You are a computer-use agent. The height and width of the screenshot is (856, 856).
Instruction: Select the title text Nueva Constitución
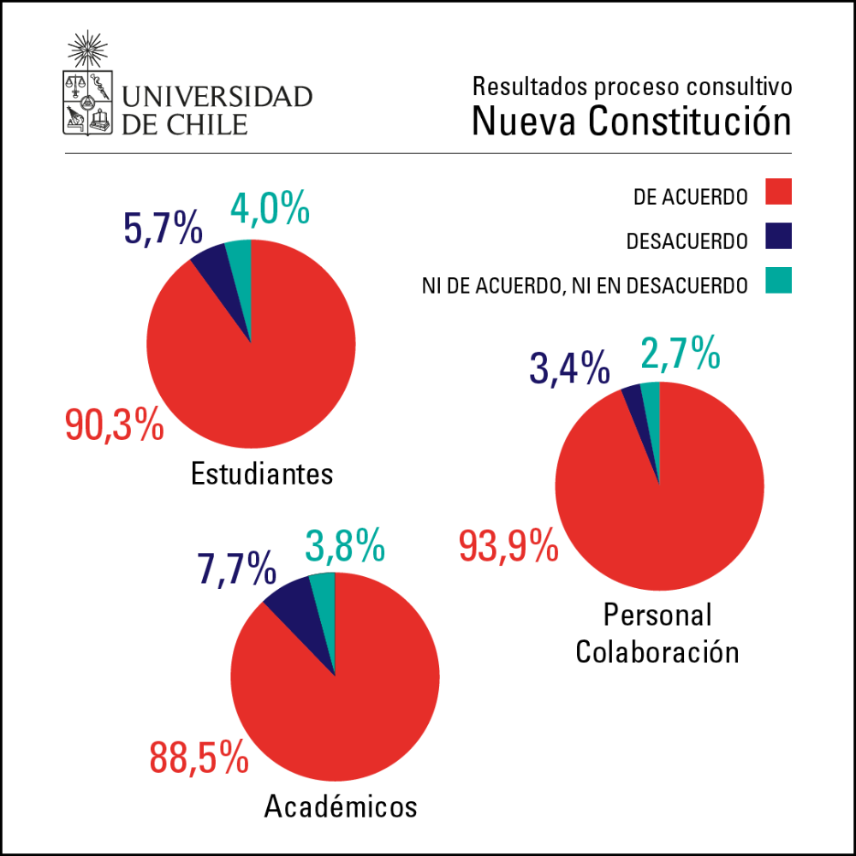(631, 122)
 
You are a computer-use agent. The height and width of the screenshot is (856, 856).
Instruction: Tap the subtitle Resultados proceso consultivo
(632, 86)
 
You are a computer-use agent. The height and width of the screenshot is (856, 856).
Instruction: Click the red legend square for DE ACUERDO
(779, 192)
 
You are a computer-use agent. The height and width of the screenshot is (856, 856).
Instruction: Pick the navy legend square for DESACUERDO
(779, 236)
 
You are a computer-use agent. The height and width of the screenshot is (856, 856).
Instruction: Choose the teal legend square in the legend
(779, 280)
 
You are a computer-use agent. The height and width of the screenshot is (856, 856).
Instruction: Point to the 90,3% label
(115, 425)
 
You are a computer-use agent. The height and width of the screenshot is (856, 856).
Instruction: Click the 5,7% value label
(163, 229)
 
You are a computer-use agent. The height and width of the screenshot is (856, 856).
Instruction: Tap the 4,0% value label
(270, 208)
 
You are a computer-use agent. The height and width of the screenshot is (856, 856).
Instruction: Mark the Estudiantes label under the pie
(262, 473)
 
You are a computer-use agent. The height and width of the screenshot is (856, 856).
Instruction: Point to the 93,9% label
(509, 545)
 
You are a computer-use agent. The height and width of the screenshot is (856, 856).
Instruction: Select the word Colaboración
(657, 652)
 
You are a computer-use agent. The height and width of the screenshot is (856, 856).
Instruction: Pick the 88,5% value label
(199, 757)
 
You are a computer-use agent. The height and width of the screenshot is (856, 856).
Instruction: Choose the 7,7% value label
(236, 567)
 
